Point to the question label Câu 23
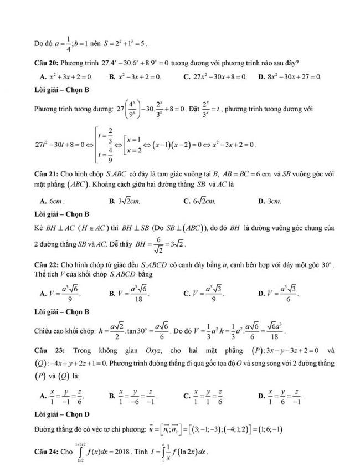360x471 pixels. pyautogui.click(x=46, y=351)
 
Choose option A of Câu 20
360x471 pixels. pyautogui.click(x=67, y=76)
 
